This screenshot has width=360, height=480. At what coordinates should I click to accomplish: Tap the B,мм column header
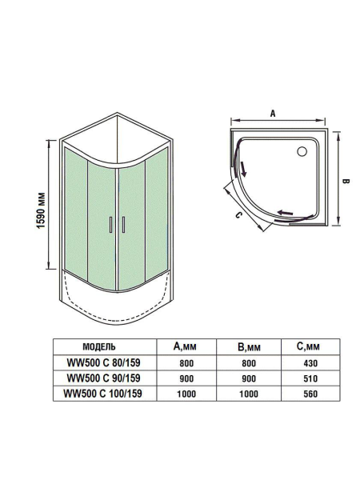point(250,347)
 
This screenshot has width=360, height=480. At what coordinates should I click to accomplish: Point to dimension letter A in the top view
point(273,114)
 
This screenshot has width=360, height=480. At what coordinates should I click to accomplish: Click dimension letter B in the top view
point(346,181)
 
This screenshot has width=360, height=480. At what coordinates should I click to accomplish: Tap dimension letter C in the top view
point(238,214)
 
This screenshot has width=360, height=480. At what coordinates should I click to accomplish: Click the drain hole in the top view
point(304,150)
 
